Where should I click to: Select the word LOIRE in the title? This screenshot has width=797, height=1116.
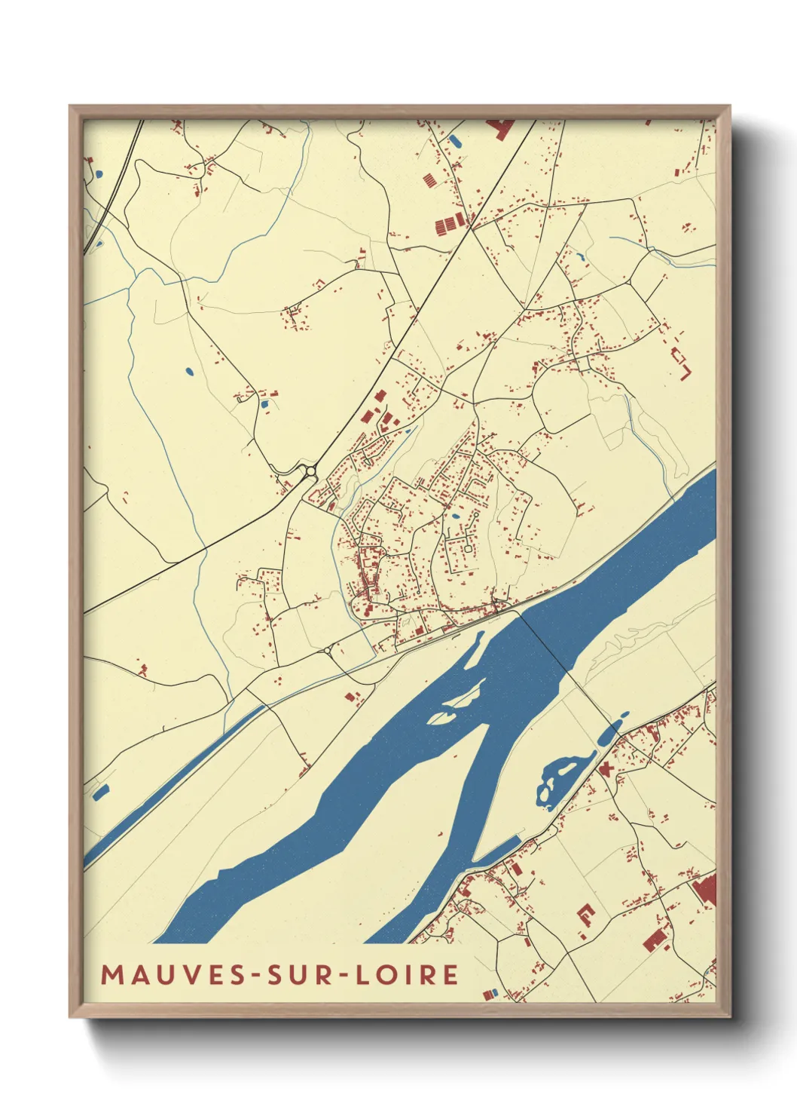407,975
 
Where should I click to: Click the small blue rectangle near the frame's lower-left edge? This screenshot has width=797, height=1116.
100,792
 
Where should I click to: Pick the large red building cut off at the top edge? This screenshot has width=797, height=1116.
499,128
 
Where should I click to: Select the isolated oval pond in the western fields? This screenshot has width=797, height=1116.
188,371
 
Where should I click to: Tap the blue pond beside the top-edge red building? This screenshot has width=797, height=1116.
455,140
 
